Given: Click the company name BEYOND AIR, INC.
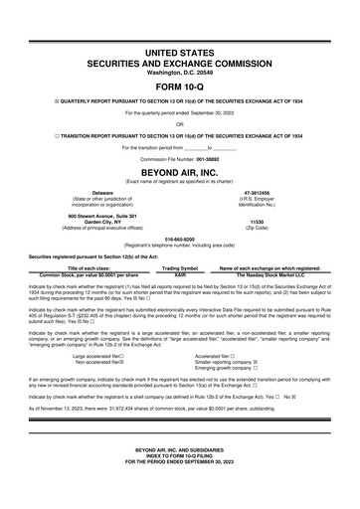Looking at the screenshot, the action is click(180, 171).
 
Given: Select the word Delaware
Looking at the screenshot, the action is click(102, 192).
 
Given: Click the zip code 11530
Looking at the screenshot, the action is click(257, 223).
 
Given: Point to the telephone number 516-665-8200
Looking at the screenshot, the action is click(180, 240).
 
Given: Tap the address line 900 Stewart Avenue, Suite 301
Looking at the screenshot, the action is click(102, 216).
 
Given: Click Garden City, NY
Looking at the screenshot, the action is click(102, 223).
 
